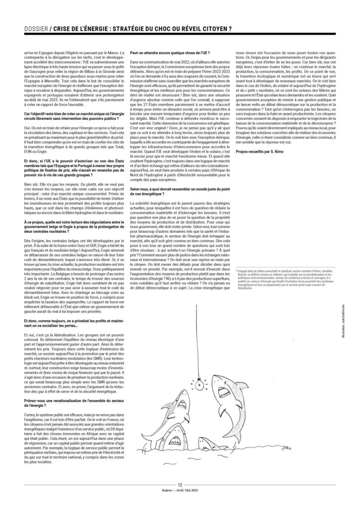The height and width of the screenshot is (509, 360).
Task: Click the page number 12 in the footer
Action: [x=180, y=483]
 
